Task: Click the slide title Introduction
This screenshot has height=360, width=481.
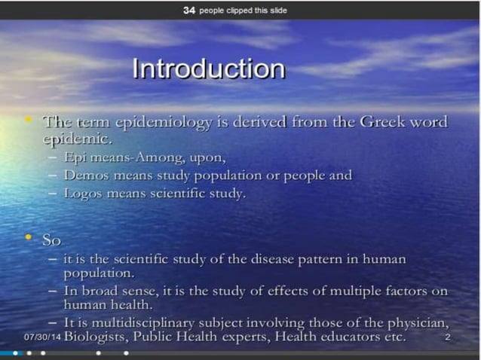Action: pyautogui.click(x=208, y=69)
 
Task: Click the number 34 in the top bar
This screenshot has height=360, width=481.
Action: pyautogui.click(x=189, y=11)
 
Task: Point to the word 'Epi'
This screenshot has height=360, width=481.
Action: pyautogui.click(x=76, y=157)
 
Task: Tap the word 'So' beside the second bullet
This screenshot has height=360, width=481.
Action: pyautogui.click(x=51, y=240)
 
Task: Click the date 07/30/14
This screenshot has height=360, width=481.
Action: pyautogui.click(x=42, y=337)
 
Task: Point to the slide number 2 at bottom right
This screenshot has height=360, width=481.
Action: pyautogui.click(x=448, y=337)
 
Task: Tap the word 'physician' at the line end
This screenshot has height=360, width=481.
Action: pyautogui.click(x=422, y=322)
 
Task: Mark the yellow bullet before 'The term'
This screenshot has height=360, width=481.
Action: pyautogui.click(x=29, y=121)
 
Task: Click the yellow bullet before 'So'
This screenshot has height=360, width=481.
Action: pyautogui.click(x=29, y=239)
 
